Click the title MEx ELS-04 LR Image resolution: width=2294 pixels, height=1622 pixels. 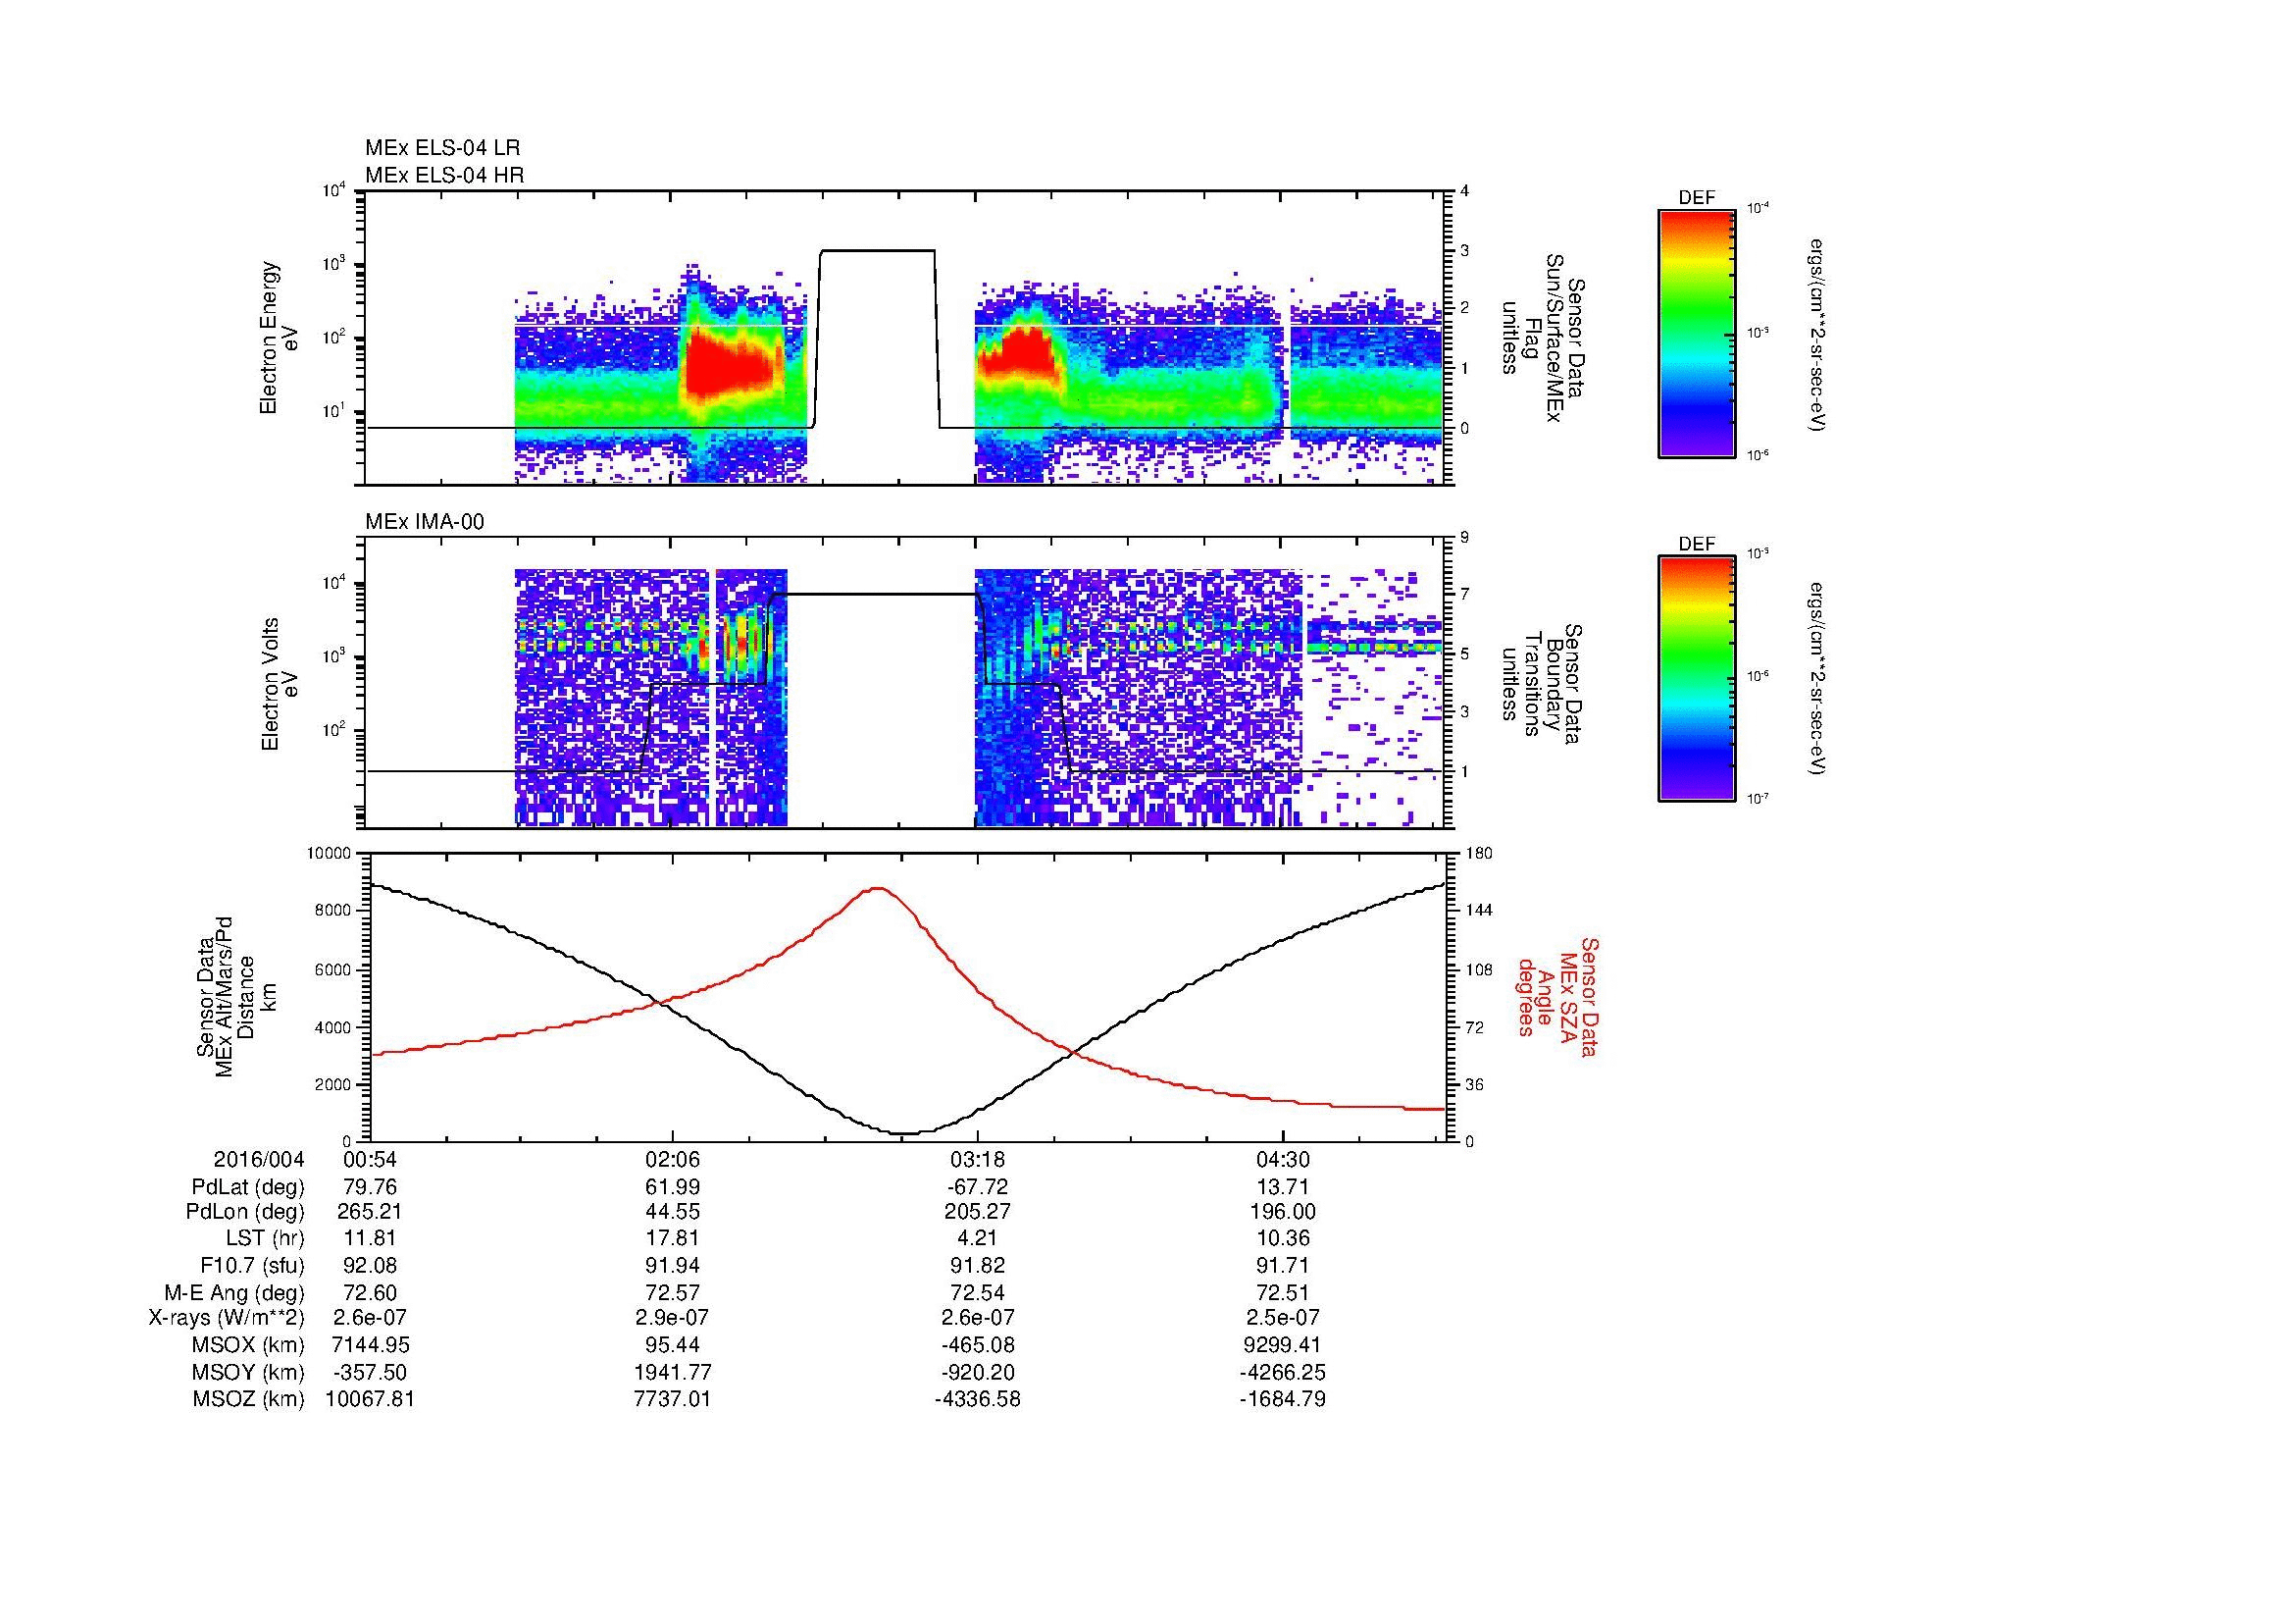pyautogui.click(x=441, y=148)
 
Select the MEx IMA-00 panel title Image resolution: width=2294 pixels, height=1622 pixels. pyautogui.click(x=424, y=522)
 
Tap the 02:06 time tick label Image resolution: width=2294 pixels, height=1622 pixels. pyautogui.click(x=673, y=1160)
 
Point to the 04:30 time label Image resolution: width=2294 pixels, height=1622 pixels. pyautogui.click(x=1283, y=1160)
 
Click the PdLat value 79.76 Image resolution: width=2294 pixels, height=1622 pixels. pyautogui.click(x=370, y=1187)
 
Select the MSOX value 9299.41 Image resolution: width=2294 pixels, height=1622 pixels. pyautogui.click(x=1283, y=1345)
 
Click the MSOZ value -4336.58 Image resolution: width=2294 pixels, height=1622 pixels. pyautogui.click(x=977, y=1399)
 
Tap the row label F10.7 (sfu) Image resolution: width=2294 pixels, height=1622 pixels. pyautogui.click(x=252, y=1266)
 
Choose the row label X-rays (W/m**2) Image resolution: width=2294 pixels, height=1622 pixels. pyautogui.click(x=226, y=1318)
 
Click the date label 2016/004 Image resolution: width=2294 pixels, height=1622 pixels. pyautogui.click(x=259, y=1160)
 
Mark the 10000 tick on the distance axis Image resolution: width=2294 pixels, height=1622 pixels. pyautogui.click(x=330, y=854)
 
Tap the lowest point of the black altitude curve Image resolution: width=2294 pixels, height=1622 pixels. pyautogui.click(x=904, y=1133)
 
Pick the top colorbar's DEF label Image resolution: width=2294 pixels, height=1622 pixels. pyautogui.click(x=1697, y=198)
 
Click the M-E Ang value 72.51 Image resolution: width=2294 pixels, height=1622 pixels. pyautogui.click(x=1283, y=1292)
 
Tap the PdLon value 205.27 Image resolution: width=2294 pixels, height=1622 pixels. pyautogui.click(x=977, y=1212)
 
